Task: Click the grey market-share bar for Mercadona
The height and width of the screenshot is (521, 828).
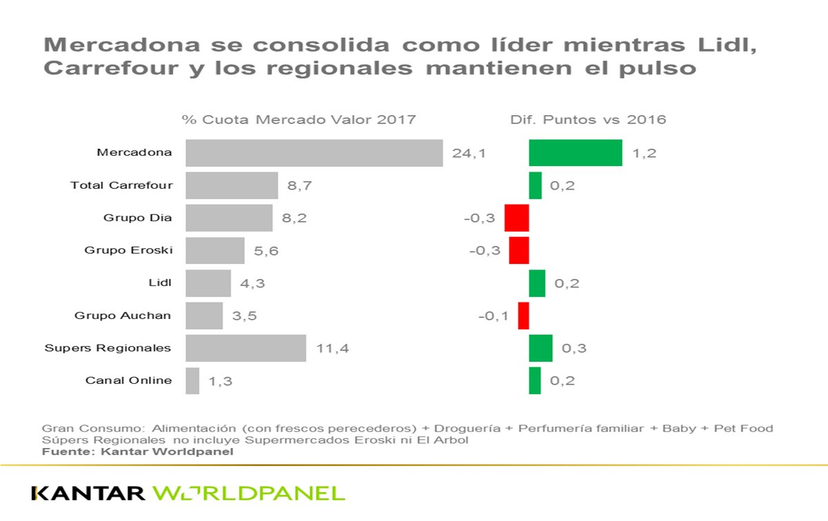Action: point(314,153)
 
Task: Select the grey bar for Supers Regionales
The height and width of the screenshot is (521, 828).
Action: point(246,348)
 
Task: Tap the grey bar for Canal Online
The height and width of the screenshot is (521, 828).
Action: point(193,380)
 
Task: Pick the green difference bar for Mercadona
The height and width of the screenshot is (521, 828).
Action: point(575,153)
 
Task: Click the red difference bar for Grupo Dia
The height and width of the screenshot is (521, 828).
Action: point(517,218)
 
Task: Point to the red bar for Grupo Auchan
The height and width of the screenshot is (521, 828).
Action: point(523,316)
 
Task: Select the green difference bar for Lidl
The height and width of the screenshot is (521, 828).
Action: point(537,283)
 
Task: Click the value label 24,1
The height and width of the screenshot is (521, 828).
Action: point(469,153)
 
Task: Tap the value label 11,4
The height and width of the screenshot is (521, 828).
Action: point(333,348)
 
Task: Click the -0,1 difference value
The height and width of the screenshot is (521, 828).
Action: point(493,316)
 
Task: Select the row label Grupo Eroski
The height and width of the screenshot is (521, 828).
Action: point(128,250)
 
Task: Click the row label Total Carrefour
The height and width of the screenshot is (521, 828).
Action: point(121,185)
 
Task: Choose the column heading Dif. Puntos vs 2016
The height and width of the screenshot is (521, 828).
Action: point(588,119)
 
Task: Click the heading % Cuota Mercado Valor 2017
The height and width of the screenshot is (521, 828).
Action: point(299,119)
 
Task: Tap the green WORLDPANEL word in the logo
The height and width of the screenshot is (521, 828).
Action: point(248,493)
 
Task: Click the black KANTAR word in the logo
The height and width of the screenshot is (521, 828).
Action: point(88,493)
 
